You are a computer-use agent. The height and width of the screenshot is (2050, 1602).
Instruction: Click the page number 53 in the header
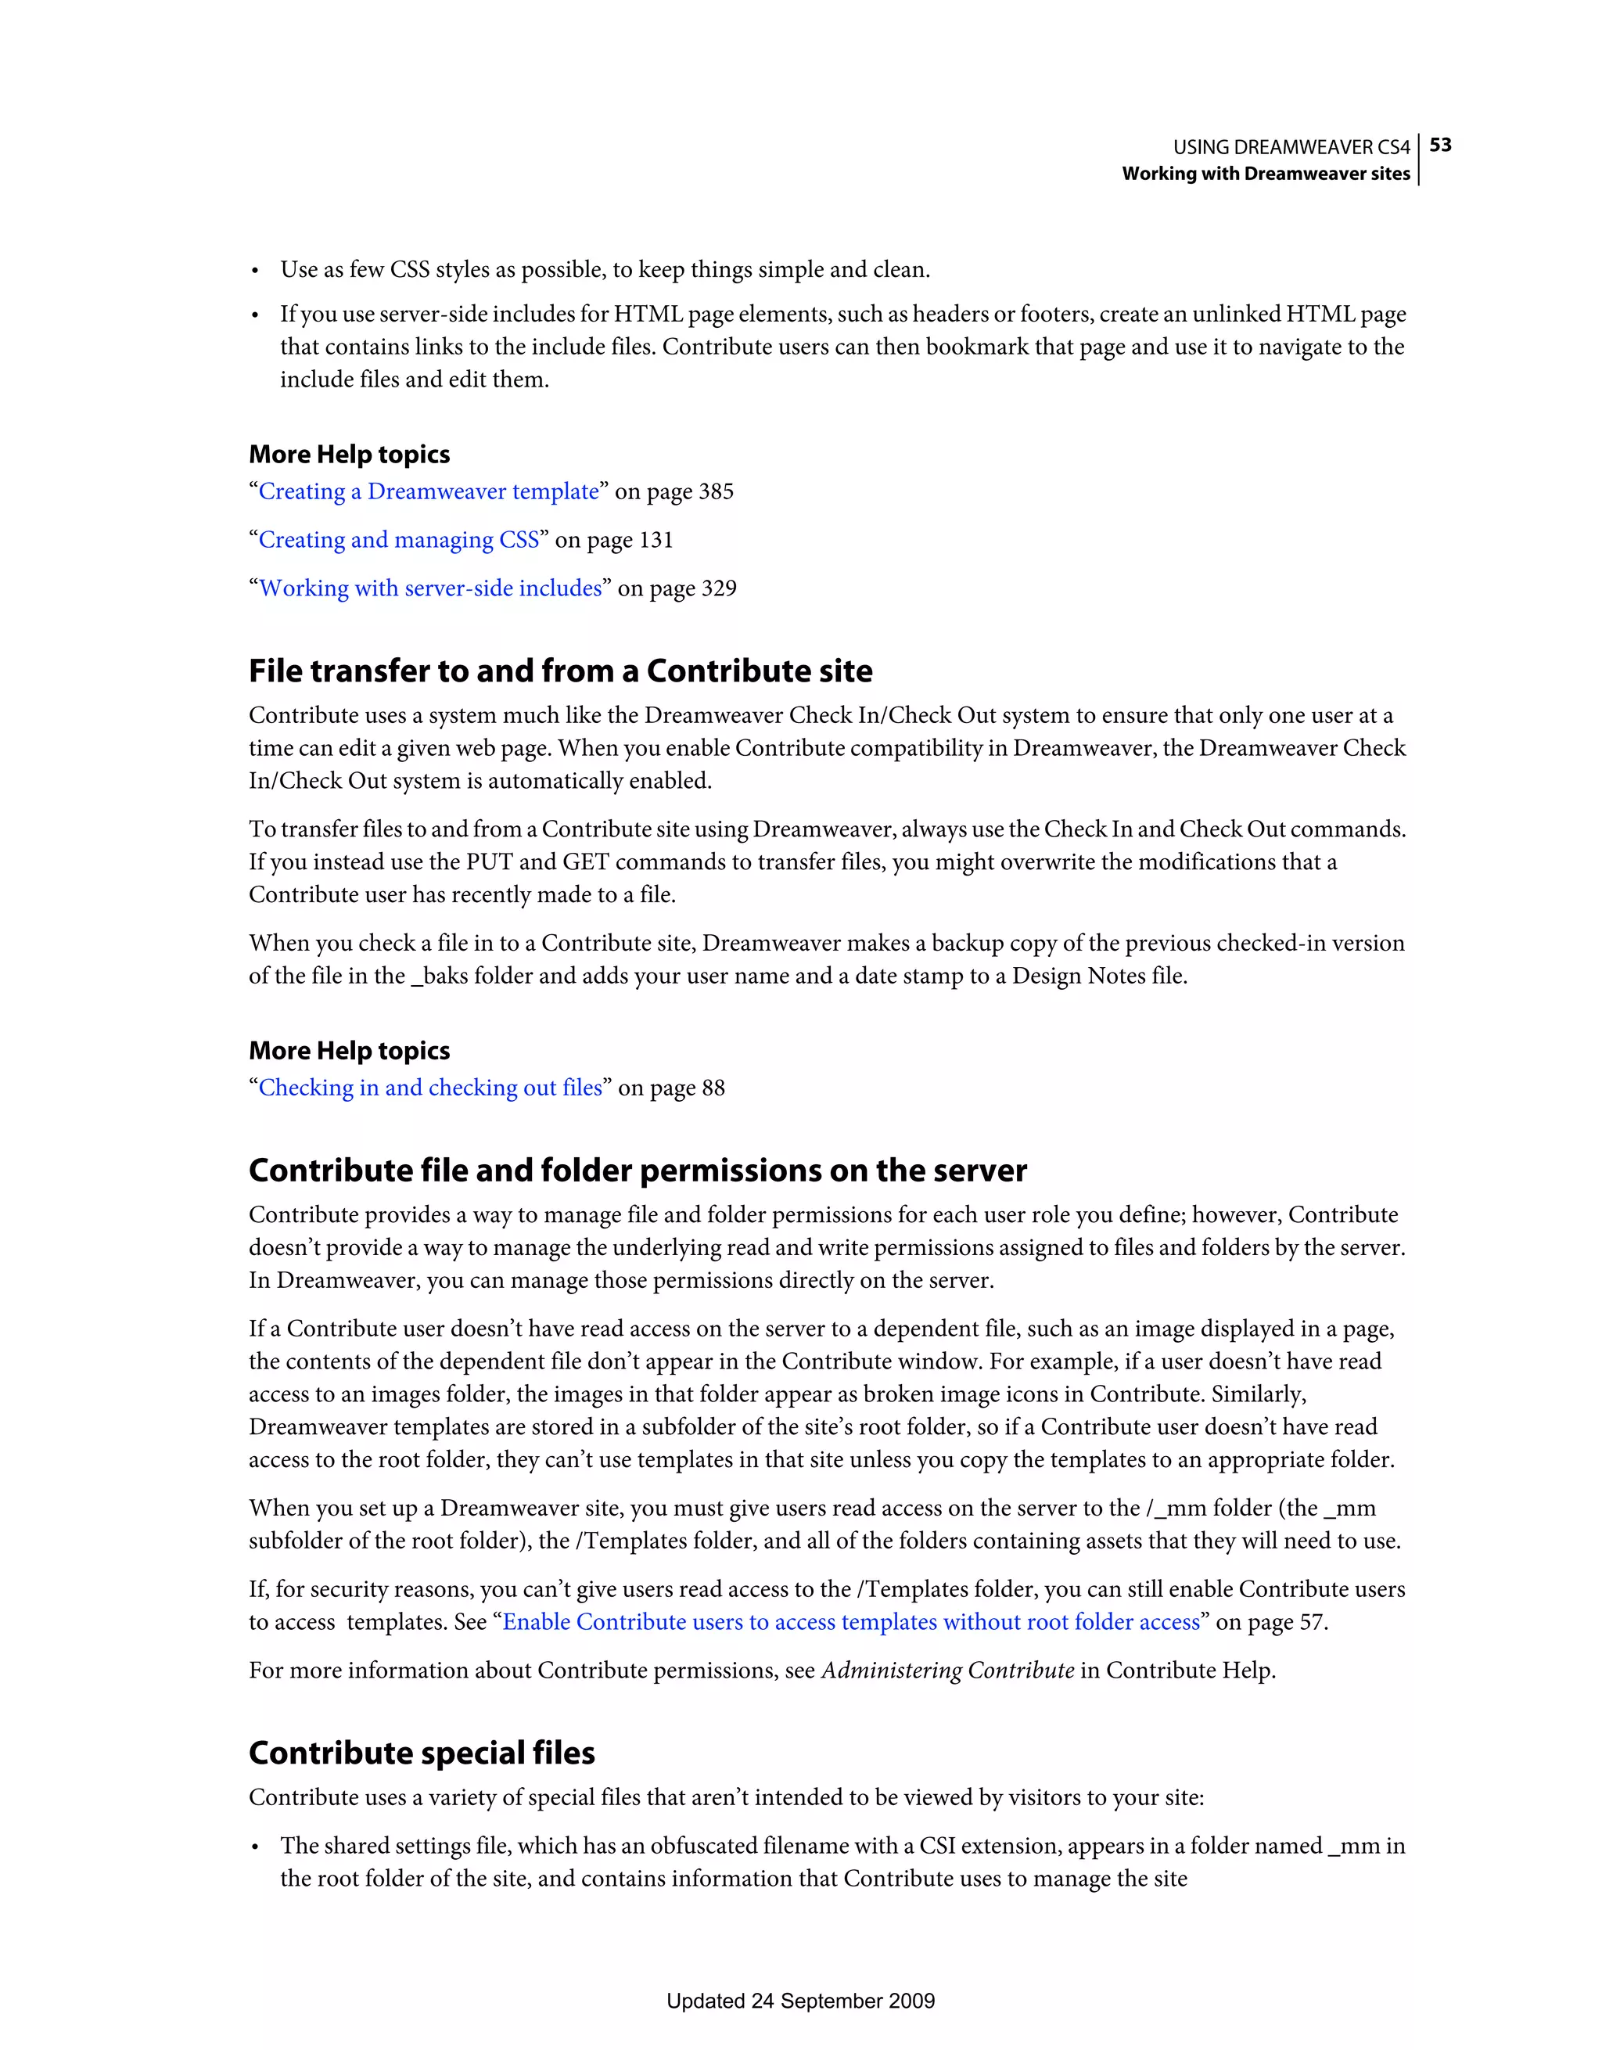[x=1441, y=145]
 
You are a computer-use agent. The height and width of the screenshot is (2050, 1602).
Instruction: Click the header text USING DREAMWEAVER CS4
[x=1291, y=147]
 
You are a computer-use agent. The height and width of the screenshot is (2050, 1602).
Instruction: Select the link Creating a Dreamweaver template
[x=429, y=492]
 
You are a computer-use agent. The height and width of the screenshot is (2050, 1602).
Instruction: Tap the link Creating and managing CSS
[x=399, y=540]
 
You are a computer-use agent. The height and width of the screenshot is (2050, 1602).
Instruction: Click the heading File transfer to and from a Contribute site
[x=560, y=671]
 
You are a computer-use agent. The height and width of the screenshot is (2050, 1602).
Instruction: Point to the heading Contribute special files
[x=422, y=1753]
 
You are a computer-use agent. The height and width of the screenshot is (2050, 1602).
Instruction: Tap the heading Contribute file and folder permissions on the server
[x=638, y=1171]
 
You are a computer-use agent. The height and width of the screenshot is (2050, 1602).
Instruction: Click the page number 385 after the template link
[x=716, y=492]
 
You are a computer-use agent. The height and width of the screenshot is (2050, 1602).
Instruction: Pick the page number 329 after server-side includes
[x=719, y=588]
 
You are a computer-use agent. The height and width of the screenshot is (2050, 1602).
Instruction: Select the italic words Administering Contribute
[x=947, y=1671]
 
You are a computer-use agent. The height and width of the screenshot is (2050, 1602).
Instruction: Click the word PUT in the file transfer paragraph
[x=489, y=862]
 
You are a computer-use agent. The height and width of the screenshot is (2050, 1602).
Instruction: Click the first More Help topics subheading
[x=349, y=455]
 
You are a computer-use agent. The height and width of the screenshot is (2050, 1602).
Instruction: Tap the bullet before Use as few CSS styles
[x=254, y=272]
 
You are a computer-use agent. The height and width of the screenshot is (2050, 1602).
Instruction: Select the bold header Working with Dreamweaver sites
[x=1265, y=174]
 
